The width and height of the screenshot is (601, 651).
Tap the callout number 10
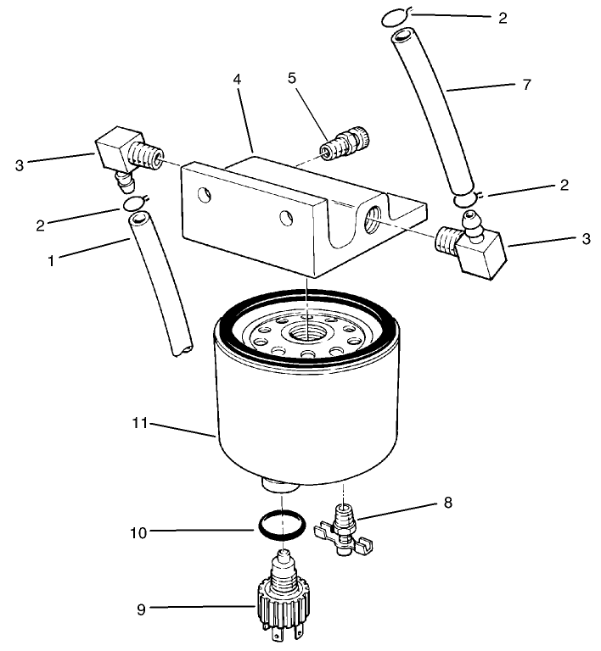(139, 532)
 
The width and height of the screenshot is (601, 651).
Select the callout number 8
(447, 504)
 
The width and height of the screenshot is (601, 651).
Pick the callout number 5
(292, 77)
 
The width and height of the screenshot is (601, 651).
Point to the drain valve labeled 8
(341, 531)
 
